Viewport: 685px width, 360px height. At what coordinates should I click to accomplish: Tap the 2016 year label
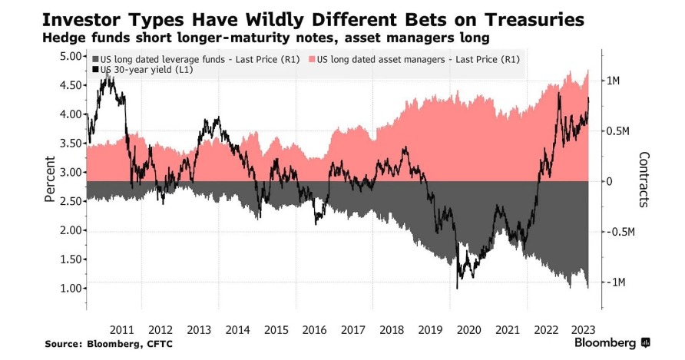click(314, 329)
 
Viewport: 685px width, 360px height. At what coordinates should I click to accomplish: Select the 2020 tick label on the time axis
click(468, 329)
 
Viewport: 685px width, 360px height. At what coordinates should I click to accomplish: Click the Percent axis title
click(50, 178)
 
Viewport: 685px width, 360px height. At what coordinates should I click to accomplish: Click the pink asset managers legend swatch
click(312, 59)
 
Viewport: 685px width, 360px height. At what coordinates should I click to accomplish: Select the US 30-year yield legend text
click(142, 70)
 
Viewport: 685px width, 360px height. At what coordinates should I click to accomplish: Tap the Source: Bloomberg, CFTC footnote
click(108, 344)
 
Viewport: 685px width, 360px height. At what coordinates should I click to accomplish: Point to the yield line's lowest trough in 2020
click(457, 288)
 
